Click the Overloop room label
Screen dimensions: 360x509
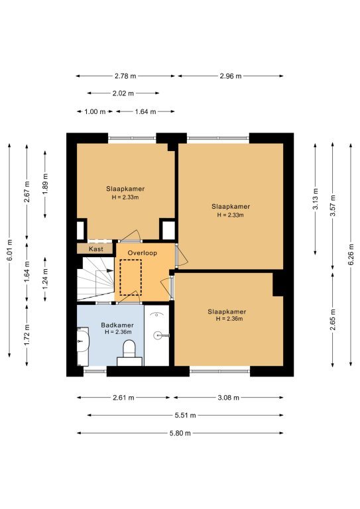click(142, 253)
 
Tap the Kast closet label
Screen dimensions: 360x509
click(95, 249)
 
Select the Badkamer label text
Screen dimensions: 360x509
click(117, 325)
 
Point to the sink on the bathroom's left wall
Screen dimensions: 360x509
click(83, 341)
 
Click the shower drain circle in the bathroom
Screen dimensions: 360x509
click(157, 335)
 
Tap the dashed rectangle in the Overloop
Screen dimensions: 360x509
click(131, 278)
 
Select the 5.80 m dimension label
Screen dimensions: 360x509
click(180, 433)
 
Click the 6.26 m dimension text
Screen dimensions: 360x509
click(351, 254)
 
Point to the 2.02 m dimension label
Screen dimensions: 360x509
click(123, 93)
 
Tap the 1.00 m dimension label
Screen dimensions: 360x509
click(95, 111)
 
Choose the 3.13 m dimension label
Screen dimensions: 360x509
click(316, 199)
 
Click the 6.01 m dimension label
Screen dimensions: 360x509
click(9, 250)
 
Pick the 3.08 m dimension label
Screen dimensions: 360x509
click(229, 398)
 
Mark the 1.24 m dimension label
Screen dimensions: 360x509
click(45, 279)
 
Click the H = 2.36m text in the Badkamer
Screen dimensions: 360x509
click(118, 332)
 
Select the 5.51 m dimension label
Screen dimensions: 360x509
click(186, 415)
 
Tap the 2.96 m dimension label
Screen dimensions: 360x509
click(231, 76)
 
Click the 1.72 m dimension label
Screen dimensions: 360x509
click(27, 335)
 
